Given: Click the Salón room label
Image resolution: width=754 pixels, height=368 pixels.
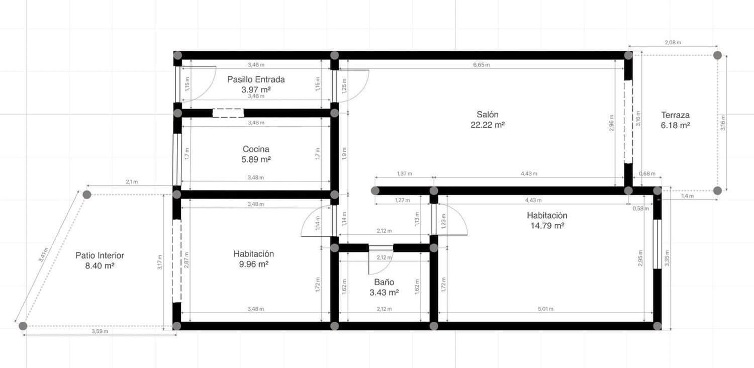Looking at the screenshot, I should click(487, 114).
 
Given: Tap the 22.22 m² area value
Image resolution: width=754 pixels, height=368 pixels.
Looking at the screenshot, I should click(487, 125).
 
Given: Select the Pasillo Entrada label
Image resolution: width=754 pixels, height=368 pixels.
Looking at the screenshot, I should click(256, 79).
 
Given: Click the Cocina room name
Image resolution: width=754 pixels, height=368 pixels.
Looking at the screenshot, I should click(256, 149).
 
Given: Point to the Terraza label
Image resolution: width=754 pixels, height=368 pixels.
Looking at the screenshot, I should click(675, 115).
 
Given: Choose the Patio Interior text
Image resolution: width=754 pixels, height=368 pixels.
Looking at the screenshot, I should click(100, 255).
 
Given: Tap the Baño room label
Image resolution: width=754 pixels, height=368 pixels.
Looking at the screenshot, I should click(384, 282).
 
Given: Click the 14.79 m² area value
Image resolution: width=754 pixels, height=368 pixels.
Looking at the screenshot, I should click(547, 226).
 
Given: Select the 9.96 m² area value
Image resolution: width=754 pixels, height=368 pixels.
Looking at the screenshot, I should click(253, 264).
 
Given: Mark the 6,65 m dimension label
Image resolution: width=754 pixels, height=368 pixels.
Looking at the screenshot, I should click(481, 65).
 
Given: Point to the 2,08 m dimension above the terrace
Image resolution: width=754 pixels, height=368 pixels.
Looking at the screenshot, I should click(673, 43).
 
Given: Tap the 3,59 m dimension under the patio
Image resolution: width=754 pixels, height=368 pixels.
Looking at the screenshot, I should click(100, 331).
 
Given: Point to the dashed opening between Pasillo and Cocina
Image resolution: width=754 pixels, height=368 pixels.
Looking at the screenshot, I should click(227, 113).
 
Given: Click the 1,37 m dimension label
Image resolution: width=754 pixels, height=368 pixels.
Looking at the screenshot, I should click(404, 173).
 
